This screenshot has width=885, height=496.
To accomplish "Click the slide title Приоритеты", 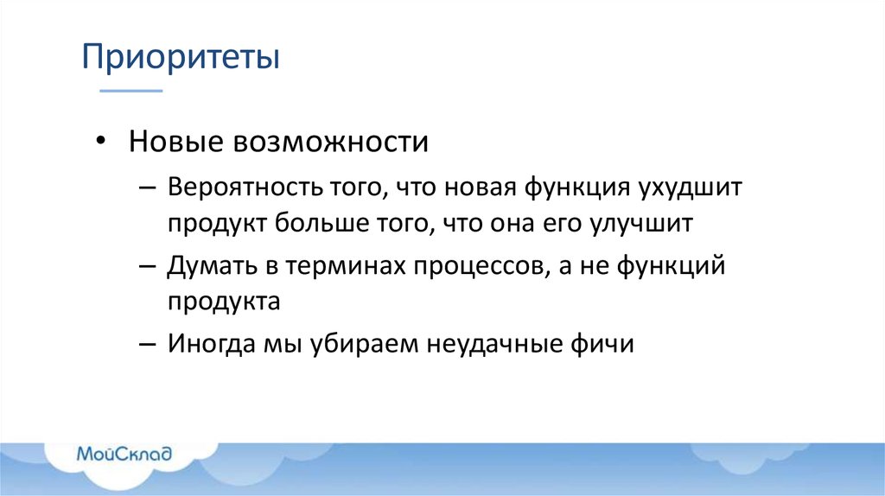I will point(181,60).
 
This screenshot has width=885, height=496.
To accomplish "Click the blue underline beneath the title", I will point(131,90).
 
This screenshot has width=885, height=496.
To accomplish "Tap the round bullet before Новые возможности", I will point(102,141).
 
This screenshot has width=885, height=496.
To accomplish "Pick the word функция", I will point(578,188).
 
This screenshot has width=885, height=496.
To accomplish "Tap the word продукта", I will point(224,303).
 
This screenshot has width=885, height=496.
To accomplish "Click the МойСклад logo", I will point(125,454).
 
